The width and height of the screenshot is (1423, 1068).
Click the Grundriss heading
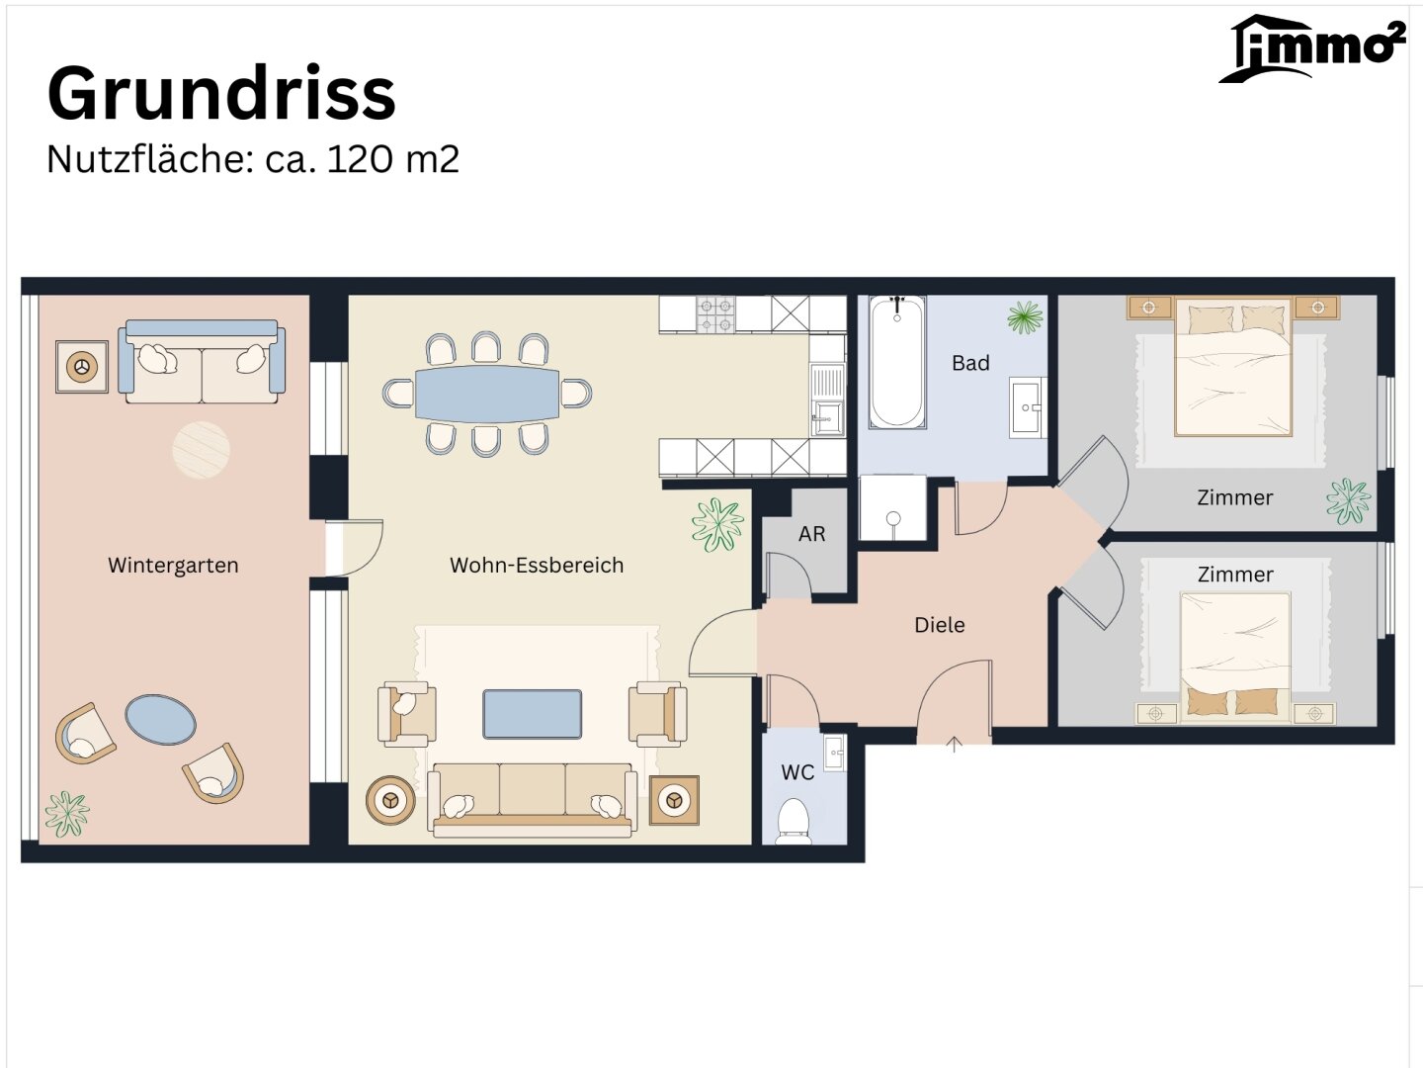tap(221, 94)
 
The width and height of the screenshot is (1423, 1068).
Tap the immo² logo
tap(1312, 48)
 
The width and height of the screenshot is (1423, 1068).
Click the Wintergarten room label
tap(173, 566)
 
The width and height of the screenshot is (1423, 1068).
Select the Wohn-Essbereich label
tap(537, 566)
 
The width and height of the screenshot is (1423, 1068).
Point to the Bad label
tap(970, 363)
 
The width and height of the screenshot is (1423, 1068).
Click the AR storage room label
tap(811, 534)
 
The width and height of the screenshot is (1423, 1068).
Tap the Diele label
tap(940, 625)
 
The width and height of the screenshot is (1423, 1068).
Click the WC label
tap(797, 772)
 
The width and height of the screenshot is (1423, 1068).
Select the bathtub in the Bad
tap(897, 362)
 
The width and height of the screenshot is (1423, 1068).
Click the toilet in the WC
tap(794, 822)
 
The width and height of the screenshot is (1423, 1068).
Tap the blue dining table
tap(487, 395)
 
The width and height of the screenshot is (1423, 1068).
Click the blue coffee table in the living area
tap(533, 715)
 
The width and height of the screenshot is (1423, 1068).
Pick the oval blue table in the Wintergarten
tap(160, 720)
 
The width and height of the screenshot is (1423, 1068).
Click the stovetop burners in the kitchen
tap(715, 314)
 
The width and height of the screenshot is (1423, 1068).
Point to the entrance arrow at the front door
tap(954, 745)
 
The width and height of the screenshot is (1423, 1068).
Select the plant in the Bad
tap(1025, 317)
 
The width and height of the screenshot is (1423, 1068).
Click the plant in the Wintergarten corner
tap(67, 815)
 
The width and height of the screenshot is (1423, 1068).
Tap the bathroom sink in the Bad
tap(1026, 407)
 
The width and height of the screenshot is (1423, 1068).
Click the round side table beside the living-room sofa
tap(390, 801)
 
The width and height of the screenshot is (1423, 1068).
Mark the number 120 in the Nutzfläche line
tap(360, 159)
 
